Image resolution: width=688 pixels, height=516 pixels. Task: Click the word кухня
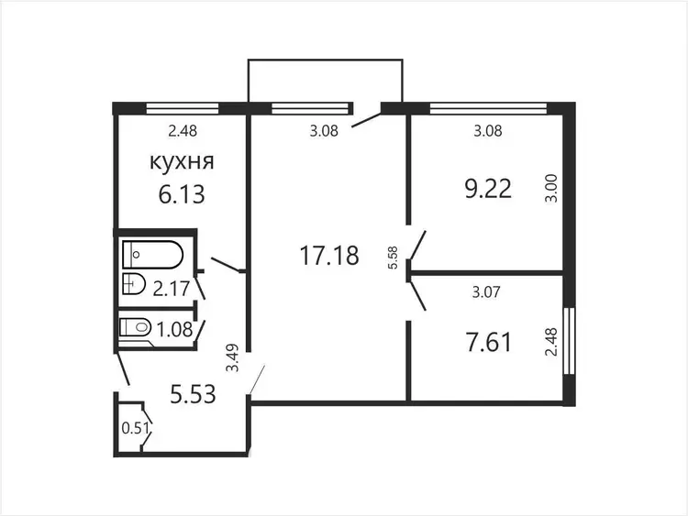pyautogui.click(x=183, y=162)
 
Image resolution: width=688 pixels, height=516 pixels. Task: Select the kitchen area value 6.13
pyautogui.click(x=182, y=194)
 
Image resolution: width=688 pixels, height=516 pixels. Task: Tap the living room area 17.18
pyautogui.click(x=329, y=256)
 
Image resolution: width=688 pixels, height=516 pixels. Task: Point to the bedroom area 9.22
pyautogui.click(x=488, y=189)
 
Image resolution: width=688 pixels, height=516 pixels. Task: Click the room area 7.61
pyautogui.click(x=488, y=343)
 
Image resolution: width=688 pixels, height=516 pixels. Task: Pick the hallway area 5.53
pyautogui.click(x=193, y=394)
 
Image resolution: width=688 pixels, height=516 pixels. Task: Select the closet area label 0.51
pyautogui.click(x=136, y=428)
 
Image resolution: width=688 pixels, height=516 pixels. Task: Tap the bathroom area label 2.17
pyautogui.click(x=172, y=289)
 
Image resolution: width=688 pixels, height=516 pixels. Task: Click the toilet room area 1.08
pyautogui.click(x=174, y=329)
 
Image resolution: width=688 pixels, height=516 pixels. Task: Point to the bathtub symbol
pyautogui.click(x=152, y=254)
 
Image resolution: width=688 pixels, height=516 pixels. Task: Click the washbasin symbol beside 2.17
pyautogui.click(x=134, y=284)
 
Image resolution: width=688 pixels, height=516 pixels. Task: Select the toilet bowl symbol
pyautogui.click(x=135, y=327)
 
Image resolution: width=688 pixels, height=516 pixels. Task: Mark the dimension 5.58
pyautogui.click(x=393, y=258)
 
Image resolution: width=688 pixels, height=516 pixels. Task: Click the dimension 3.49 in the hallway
pyautogui.click(x=233, y=357)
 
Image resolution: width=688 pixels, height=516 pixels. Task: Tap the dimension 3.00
pyautogui.click(x=552, y=188)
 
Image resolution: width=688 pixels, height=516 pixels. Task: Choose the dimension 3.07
pyautogui.click(x=486, y=292)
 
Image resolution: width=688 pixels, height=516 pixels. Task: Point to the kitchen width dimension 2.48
pyautogui.click(x=183, y=131)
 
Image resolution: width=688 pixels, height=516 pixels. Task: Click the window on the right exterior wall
pyautogui.click(x=569, y=341)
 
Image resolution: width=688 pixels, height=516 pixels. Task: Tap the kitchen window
pyautogui.click(x=183, y=108)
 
